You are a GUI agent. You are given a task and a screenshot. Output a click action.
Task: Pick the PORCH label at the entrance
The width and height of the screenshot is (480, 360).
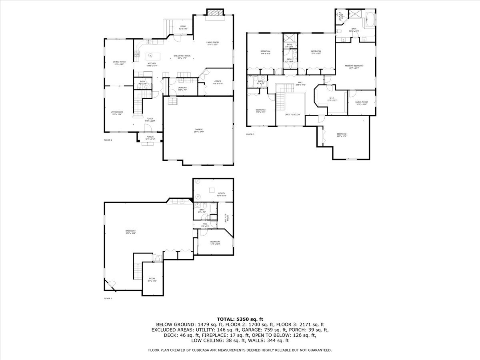pyautogui.click(x=150, y=137)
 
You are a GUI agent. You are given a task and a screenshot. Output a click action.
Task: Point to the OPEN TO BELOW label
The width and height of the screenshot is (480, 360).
pyautogui.click(x=292, y=115)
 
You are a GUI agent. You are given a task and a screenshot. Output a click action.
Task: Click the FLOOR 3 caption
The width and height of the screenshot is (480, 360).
pyautogui.click(x=250, y=134)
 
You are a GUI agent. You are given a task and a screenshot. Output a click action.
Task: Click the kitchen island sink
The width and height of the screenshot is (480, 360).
pyautogui.click(x=151, y=56)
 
